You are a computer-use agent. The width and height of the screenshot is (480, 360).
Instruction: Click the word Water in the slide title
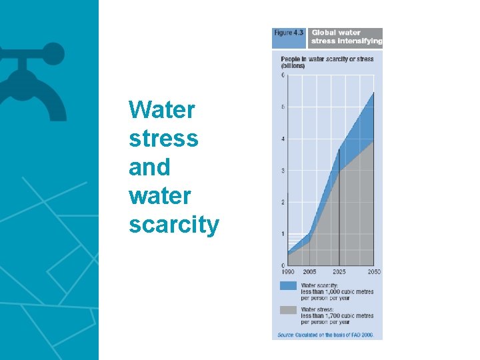coord(162,109)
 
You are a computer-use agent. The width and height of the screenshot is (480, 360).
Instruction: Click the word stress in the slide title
coord(163,138)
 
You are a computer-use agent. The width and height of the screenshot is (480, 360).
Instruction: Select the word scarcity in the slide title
coord(173,225)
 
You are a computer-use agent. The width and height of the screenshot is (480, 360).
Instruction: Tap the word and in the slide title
coord(149,167)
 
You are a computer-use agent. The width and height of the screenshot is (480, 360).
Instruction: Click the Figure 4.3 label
coord(289,33)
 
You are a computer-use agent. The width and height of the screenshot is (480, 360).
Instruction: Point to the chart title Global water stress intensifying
coord(346,37)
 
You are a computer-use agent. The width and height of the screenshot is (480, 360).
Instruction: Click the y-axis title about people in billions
coord(327,63)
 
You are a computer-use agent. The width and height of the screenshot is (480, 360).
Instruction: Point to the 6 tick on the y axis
coord(283,75)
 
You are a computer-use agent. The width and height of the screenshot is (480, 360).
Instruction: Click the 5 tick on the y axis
coord(283,107)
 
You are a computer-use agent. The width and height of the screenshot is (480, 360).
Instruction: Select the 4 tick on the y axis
coord(283,139)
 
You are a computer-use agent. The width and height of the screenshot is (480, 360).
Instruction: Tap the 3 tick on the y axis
coord(283,171)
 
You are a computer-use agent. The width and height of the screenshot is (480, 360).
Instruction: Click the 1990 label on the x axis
coord(287,272)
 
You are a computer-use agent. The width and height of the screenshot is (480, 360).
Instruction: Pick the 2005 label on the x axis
coord(310,272)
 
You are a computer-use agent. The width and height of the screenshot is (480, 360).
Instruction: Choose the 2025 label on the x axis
coord(339,272)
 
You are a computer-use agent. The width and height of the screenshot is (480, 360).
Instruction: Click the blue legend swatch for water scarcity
coord(288,285)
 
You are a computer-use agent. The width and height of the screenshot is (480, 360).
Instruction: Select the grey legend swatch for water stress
coord(288,310)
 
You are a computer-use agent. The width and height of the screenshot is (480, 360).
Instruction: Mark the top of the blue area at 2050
coord(373,93)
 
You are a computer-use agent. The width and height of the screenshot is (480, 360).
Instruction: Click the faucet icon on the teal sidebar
coord(30,77)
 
